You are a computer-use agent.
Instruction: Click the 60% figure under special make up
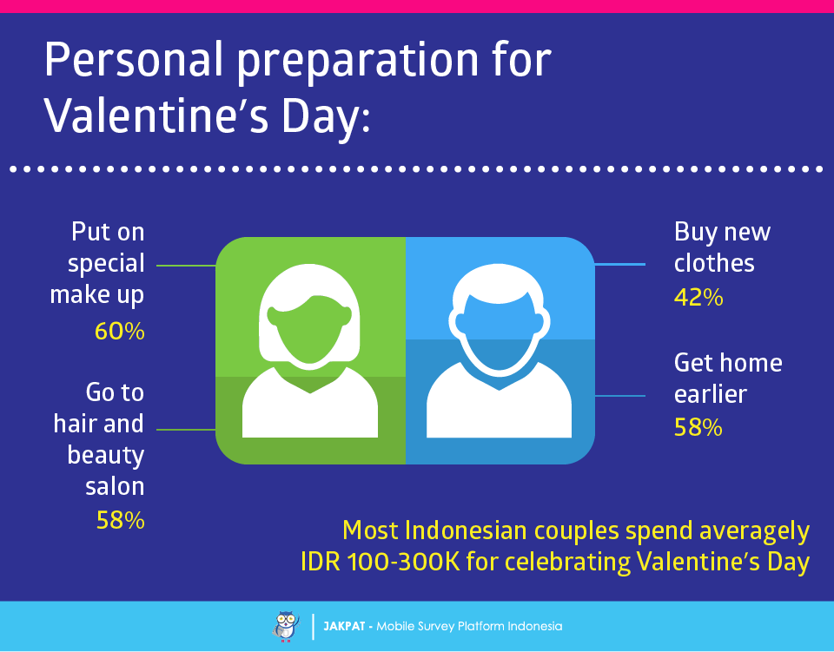(x=120, y=331)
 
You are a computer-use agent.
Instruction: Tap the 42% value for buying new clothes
(x=698, y=298)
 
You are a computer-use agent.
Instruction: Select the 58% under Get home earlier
(x=698, y=428)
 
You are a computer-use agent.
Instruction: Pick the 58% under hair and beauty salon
(x=120, y=520)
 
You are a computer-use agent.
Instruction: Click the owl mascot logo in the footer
(x=286, y=627)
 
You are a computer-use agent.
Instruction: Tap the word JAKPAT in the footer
(x=344, y=627)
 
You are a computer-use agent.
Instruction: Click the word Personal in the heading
(x=133, y=60)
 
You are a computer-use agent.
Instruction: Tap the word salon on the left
(x=115, y=486)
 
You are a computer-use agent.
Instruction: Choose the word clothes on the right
(x=714, y=263)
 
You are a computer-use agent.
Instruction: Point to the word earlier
(x=711, y=394)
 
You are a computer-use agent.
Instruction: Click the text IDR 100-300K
(x=381, y=562)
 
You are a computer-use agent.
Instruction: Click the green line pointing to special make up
(x=186, y=265)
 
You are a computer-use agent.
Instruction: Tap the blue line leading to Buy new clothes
(x=619, y=264)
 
